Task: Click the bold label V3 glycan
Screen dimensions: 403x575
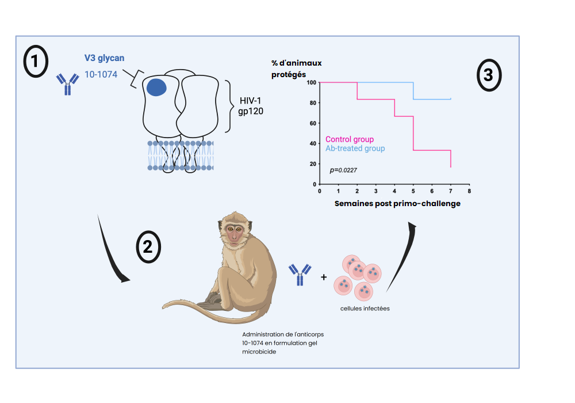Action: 104,58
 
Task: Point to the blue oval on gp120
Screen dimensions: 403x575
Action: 156,88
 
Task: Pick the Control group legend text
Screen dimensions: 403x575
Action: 350,139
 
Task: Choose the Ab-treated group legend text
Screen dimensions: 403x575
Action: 355,149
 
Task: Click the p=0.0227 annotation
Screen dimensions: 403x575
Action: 343,170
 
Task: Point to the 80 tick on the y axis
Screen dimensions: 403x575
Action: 311,103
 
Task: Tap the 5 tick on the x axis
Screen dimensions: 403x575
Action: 413,191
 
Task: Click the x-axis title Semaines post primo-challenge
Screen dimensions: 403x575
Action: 397,204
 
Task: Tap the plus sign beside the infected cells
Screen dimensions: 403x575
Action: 324,277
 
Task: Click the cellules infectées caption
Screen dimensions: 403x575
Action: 365,309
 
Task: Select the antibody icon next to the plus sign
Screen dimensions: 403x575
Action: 299,274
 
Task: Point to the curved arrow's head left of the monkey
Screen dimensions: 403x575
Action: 124,279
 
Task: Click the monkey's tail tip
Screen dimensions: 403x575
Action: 165,306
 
